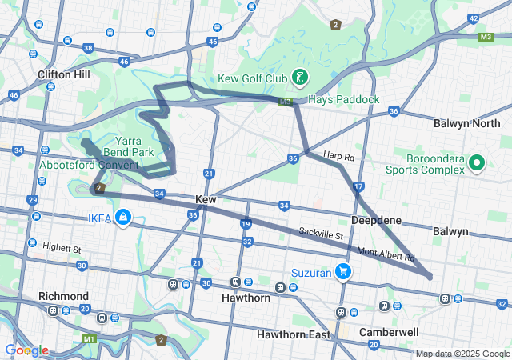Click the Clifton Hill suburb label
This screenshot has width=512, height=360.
64,74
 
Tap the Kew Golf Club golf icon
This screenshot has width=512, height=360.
298,78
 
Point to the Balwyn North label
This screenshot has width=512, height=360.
466,124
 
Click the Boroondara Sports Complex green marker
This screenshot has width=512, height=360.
478,164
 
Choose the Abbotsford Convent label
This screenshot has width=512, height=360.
88,166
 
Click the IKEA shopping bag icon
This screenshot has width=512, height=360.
123,217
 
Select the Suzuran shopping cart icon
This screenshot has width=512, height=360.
342,271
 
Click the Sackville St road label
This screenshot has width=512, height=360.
321,235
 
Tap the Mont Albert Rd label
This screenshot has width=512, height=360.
386,254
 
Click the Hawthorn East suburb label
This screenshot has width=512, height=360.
294,334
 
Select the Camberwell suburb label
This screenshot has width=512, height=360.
389,331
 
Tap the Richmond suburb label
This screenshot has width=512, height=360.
63,296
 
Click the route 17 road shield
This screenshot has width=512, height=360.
358,186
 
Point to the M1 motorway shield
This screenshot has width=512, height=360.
88,339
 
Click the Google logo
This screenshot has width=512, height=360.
26,350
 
